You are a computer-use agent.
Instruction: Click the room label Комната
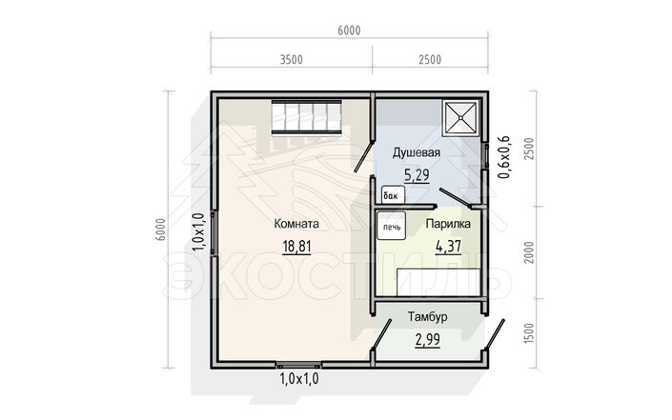pyautogui.click(x=296, y=224)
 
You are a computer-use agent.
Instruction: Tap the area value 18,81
pyautogui.click(x=296, y=247)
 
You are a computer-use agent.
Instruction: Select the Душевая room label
pyautogui.click(x=417, y=152)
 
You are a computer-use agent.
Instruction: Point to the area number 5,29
pyautogui.click(x=417, y=175)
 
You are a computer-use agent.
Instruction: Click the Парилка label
pyautogui.click(x=448, y=224)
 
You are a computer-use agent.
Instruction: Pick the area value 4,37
pyautogui.click(x=448, y=247)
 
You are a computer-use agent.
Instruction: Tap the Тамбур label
pyautogui.click(x=427, y=317)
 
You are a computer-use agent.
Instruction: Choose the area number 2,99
pyautogui.click(x=427, y=339)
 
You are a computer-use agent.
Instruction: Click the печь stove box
pyautogui.click(x=392, y=226)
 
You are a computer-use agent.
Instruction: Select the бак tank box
pyautogui.click(x=393, y=195)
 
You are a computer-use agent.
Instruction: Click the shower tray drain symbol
pyautogui.click(x=460, y=117)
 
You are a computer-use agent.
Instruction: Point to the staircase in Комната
pyautogui.click(x=306, y=117)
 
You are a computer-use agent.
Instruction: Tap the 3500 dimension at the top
pyautogui.click(x=292, y=59)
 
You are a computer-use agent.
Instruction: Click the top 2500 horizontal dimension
pyautogui.click(x=430, y=59)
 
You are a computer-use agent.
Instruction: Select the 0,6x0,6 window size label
pyautogui.click(x=503, y=157)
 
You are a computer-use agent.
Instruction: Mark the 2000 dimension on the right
pyautogui.click(x=530, y=252)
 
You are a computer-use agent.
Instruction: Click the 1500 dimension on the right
pyautogui.click(x=530, y=333)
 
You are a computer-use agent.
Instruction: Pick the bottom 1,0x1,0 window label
pyautogui.click(x=299, y=379)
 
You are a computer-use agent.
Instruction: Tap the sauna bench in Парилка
pyautogui.click(x=438, y=282)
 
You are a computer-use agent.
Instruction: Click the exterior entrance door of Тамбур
pyautogui.click(x=494, y=335)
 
